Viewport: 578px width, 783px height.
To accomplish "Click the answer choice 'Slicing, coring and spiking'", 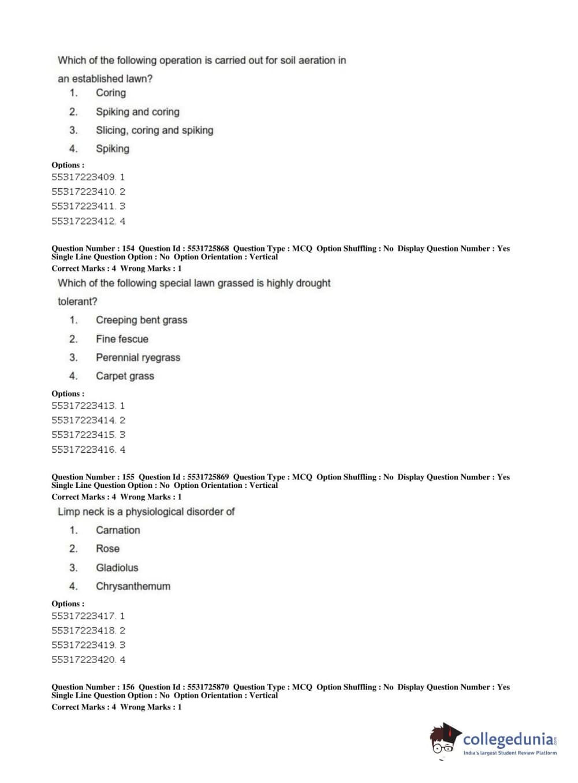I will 154,130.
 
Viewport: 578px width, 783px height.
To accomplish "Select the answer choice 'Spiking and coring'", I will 137,112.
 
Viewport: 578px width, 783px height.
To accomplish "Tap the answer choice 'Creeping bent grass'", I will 141,320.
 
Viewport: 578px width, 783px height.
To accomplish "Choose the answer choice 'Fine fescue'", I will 122,339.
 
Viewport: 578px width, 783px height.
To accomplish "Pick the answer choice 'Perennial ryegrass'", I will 138,357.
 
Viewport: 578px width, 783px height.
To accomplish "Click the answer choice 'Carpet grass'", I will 125,376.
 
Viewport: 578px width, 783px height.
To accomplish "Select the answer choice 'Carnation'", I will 118,530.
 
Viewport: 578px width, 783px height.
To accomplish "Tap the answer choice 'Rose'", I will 107,549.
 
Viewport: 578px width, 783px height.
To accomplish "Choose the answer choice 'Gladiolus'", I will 117,568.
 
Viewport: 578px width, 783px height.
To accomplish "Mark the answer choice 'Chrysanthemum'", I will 133,586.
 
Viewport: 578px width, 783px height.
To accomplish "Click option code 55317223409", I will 84,177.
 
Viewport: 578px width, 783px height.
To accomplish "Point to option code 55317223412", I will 84,221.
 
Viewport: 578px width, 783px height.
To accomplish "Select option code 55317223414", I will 84,420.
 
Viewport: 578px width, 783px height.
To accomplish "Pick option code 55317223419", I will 84,645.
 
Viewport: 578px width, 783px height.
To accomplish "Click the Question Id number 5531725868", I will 208,249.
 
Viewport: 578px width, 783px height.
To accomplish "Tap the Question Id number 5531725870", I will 208,687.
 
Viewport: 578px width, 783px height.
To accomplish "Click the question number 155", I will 128,477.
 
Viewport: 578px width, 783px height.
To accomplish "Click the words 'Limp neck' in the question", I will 81,512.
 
